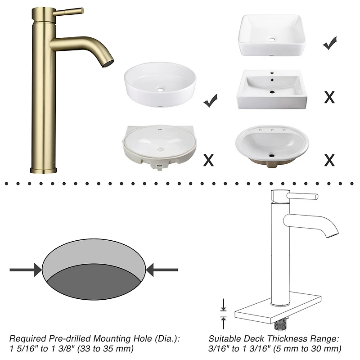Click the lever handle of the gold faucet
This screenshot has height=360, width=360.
69,12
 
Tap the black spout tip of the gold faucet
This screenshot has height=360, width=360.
108,64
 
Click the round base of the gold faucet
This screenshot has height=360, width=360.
43,170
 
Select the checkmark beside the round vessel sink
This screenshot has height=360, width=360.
210,100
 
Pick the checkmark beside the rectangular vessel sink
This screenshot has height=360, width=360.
330,43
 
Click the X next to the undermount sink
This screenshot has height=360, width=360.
208,160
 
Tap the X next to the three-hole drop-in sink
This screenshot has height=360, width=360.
329,160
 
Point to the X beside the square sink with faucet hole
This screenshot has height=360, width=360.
329,97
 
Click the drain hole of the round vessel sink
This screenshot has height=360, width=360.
160,90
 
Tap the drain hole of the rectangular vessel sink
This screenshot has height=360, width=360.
272,40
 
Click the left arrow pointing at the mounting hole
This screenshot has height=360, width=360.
26,270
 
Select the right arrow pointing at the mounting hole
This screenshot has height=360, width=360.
162,270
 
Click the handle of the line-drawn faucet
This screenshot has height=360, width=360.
302,196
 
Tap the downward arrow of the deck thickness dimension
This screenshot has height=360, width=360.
223,305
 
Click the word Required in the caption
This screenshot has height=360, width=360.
27,339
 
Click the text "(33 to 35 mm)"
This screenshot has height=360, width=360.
106,349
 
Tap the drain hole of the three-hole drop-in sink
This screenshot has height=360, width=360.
272,156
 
